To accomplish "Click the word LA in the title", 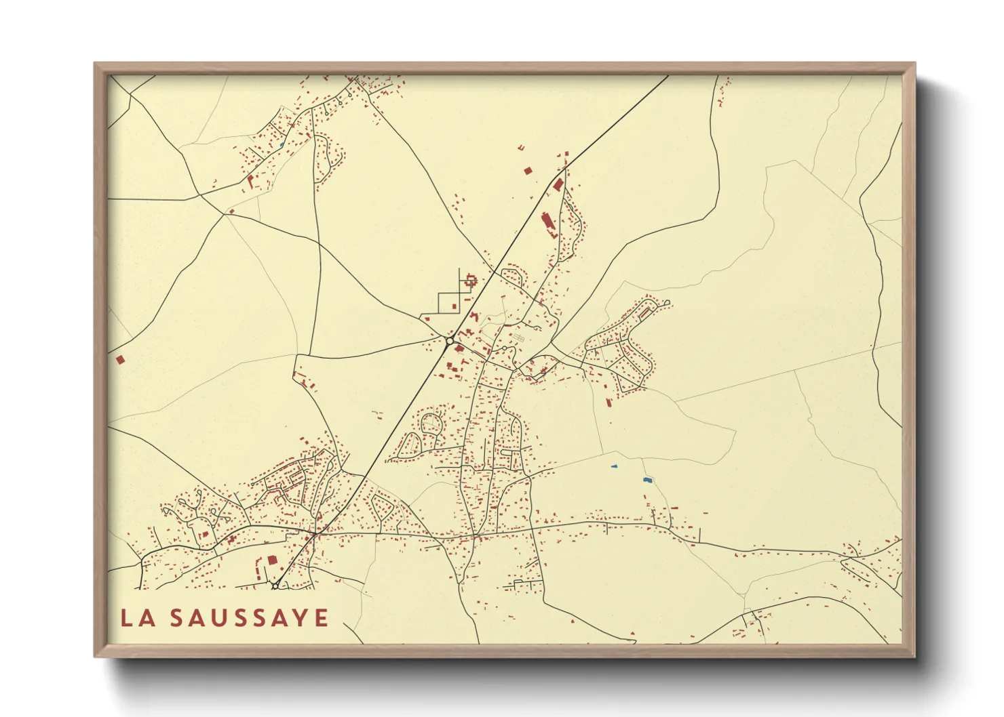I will [136, 618].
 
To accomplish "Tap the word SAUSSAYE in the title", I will [249, 618].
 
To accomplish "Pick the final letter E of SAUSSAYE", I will [322, 618].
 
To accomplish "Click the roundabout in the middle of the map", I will [449, 341].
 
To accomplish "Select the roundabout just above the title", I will [275, 585].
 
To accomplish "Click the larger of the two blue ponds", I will [648, 480].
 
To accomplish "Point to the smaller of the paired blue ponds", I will [615, 466].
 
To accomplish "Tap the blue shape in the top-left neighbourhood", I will [281, 145].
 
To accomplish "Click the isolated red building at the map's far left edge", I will [121, 359].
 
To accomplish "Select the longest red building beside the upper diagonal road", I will [547, 223].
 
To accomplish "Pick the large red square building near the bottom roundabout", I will [273, 560].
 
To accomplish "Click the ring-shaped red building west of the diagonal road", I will [470, 279].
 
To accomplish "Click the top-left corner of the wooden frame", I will [95, 64].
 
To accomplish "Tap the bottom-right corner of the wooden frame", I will [914, 656].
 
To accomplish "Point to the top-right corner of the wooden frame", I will [914, 64].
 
